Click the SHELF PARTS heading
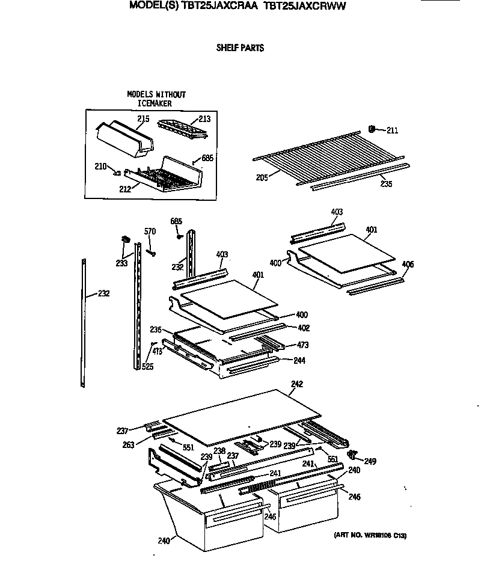[240, 48]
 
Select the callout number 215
[142, 119]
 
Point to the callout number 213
[204, 119]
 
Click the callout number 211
[392, 130]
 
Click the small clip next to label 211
[372, 129]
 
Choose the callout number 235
[386, 183]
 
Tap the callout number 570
[150, 232]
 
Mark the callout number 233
[122, 263]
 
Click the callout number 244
[299, 361]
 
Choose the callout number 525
[147, 366]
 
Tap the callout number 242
[297, 384]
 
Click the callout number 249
[370, 462]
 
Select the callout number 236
[156, 330]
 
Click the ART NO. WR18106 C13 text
[373, 536]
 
